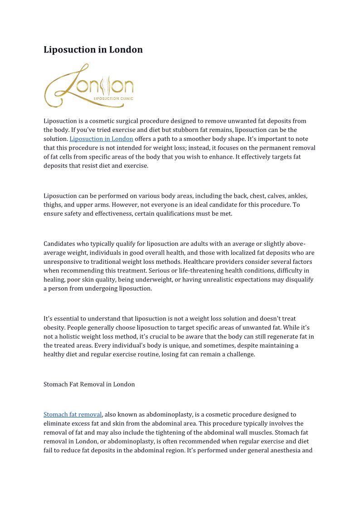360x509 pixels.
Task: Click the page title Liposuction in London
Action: [93, 50]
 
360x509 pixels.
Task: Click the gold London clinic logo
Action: [89, 85]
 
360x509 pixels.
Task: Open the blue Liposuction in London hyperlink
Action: [101, 139]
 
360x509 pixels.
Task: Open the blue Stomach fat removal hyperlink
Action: [73, 414]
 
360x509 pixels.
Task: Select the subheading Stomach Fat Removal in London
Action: [89, 384]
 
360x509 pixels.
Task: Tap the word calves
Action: [272, 196]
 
